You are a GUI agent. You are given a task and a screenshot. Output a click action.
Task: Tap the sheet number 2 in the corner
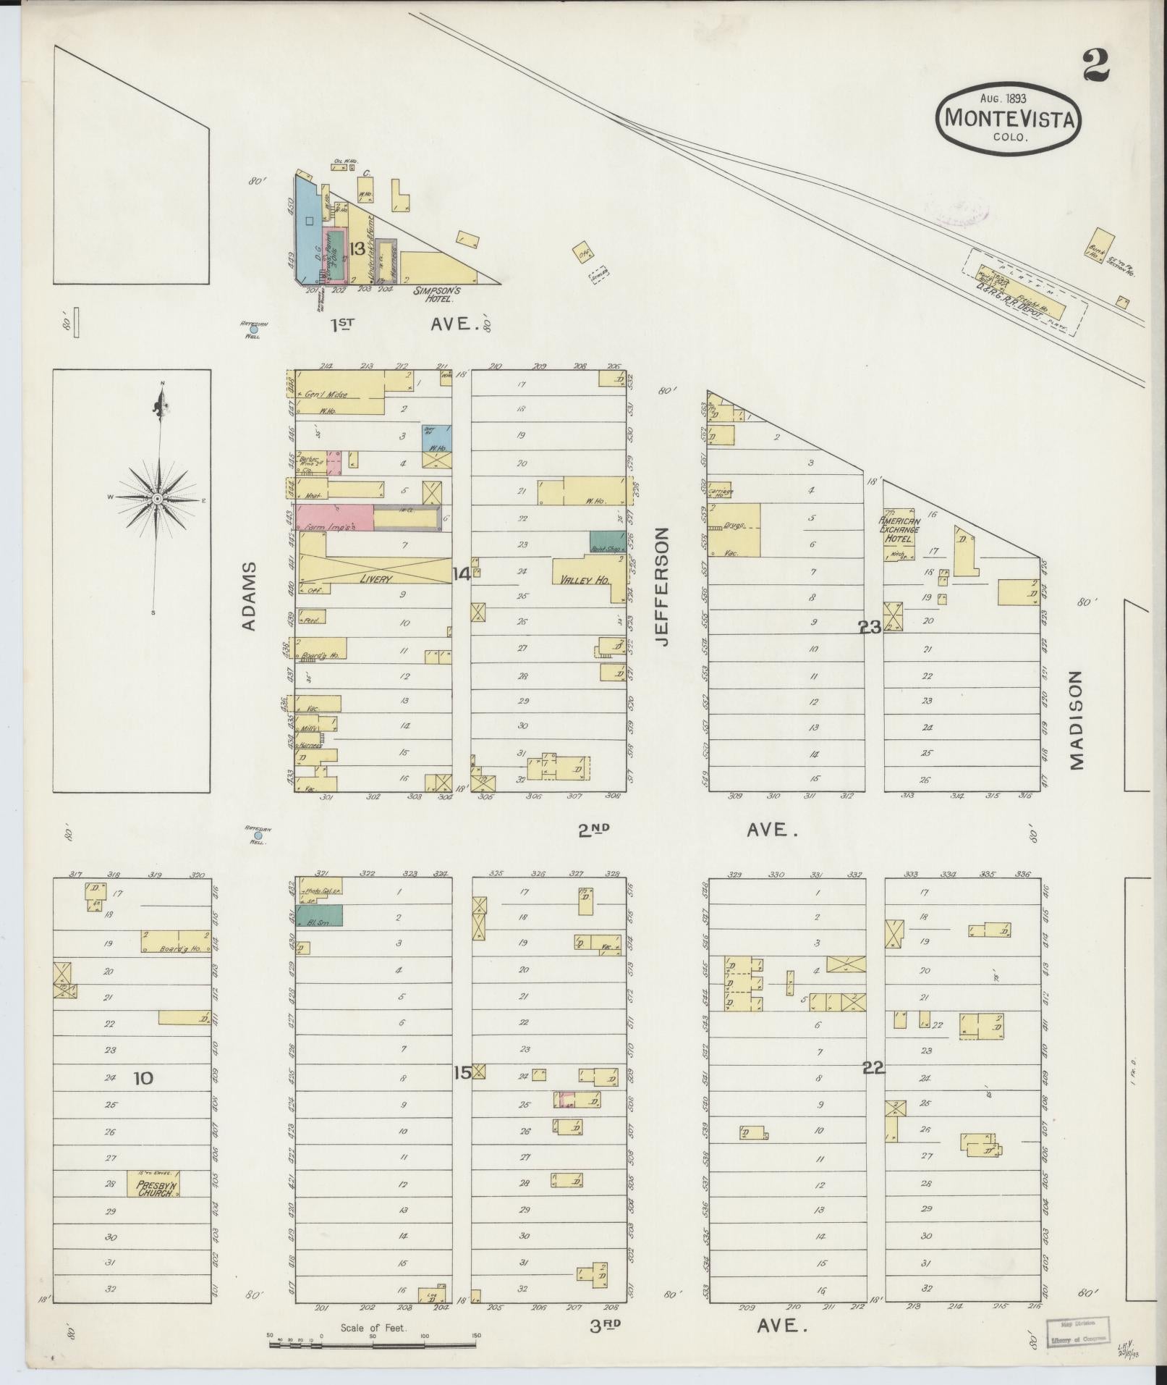(x=1097, y=66)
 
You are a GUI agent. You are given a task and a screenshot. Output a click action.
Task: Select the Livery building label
(x=376, y=579)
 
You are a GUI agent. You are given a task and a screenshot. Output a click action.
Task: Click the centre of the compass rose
(x=157, y=500)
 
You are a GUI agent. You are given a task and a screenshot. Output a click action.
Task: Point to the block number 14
(x=461, y=575)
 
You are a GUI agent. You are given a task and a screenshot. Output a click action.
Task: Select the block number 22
(x=874, y=1066)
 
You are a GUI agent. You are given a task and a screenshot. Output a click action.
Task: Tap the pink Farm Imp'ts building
(x=335, y=518)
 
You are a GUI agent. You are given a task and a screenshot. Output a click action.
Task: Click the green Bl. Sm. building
(x=318, y=915)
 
